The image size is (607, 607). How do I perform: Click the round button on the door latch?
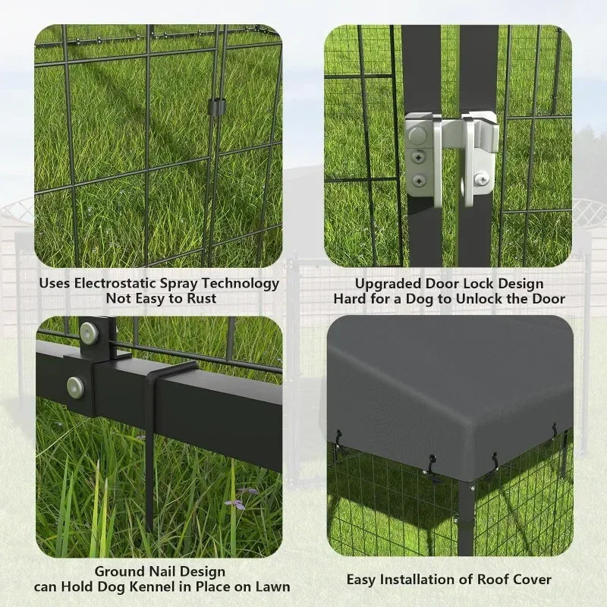(417, 136)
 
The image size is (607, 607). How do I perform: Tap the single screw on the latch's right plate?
(481, 179)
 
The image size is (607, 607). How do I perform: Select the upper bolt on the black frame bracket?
(90, 332)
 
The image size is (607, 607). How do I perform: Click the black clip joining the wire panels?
(215, 106)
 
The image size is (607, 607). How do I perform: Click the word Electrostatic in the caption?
(116, 284)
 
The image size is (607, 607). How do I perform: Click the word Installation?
(426, 580)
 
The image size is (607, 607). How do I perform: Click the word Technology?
(241, 284)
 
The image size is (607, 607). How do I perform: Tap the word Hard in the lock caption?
(349, 299)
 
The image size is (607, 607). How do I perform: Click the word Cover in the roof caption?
(533, 580)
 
